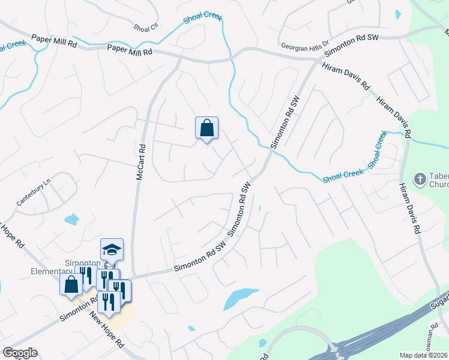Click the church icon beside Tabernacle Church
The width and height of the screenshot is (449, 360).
point(420,178)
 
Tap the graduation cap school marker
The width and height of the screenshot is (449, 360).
point(112,248)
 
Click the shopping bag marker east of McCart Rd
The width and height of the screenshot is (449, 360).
point(206,128)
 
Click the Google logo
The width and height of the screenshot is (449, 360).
point(19,353)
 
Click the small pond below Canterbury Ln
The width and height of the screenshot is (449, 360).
point(71,218)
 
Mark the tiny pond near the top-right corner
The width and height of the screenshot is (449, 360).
point(397,14)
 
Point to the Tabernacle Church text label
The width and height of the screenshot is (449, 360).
point(440,180)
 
